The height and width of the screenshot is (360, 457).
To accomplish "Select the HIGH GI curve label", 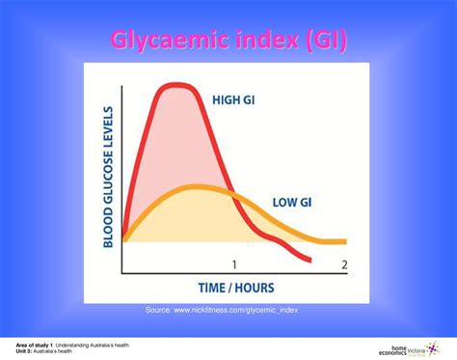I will [234, 97].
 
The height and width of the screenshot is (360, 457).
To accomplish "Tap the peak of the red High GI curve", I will [176, 85].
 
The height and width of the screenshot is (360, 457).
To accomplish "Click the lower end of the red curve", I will [310, 260].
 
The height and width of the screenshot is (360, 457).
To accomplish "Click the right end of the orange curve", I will [345, 241].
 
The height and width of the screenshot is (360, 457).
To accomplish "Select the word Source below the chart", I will [158, 309].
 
